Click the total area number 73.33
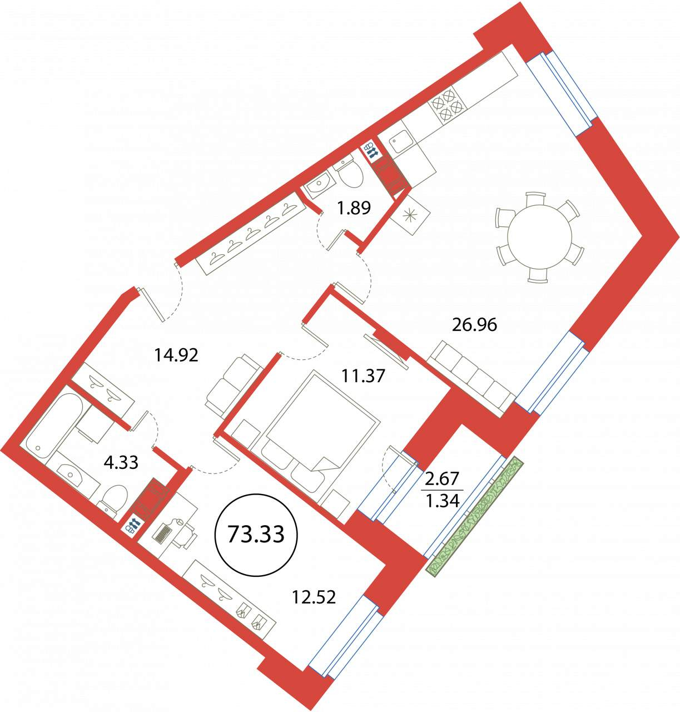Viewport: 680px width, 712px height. [x=256, y=535]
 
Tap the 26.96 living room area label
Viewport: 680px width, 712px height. [x=474, y=325]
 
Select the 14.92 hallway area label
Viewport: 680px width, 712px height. [x=176, y=355]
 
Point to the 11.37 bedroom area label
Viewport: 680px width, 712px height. [x=363, y=376]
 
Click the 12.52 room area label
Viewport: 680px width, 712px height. [x=314, y=597]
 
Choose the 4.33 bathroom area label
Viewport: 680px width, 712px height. [x=121, y=462]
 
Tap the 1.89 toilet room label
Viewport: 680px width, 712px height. [x=354, y=208]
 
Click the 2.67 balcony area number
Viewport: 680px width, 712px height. [x=442, y=478]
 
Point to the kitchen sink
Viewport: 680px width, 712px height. [x=401, y=141]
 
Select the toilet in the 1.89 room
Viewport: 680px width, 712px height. [x=349, y=173]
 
